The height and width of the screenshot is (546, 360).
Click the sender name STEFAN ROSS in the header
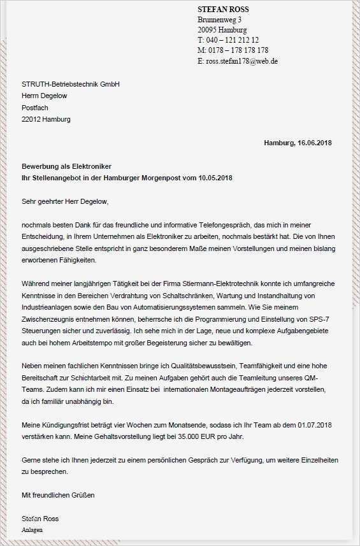223,10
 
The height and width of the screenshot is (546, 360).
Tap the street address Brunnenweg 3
219,20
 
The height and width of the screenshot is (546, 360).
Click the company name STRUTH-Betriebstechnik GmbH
71,84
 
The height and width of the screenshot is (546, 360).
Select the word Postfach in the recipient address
35,108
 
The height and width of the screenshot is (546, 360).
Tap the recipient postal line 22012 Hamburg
46,119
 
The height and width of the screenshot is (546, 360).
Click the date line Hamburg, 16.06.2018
298,142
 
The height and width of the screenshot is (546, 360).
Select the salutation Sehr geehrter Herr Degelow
65,201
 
